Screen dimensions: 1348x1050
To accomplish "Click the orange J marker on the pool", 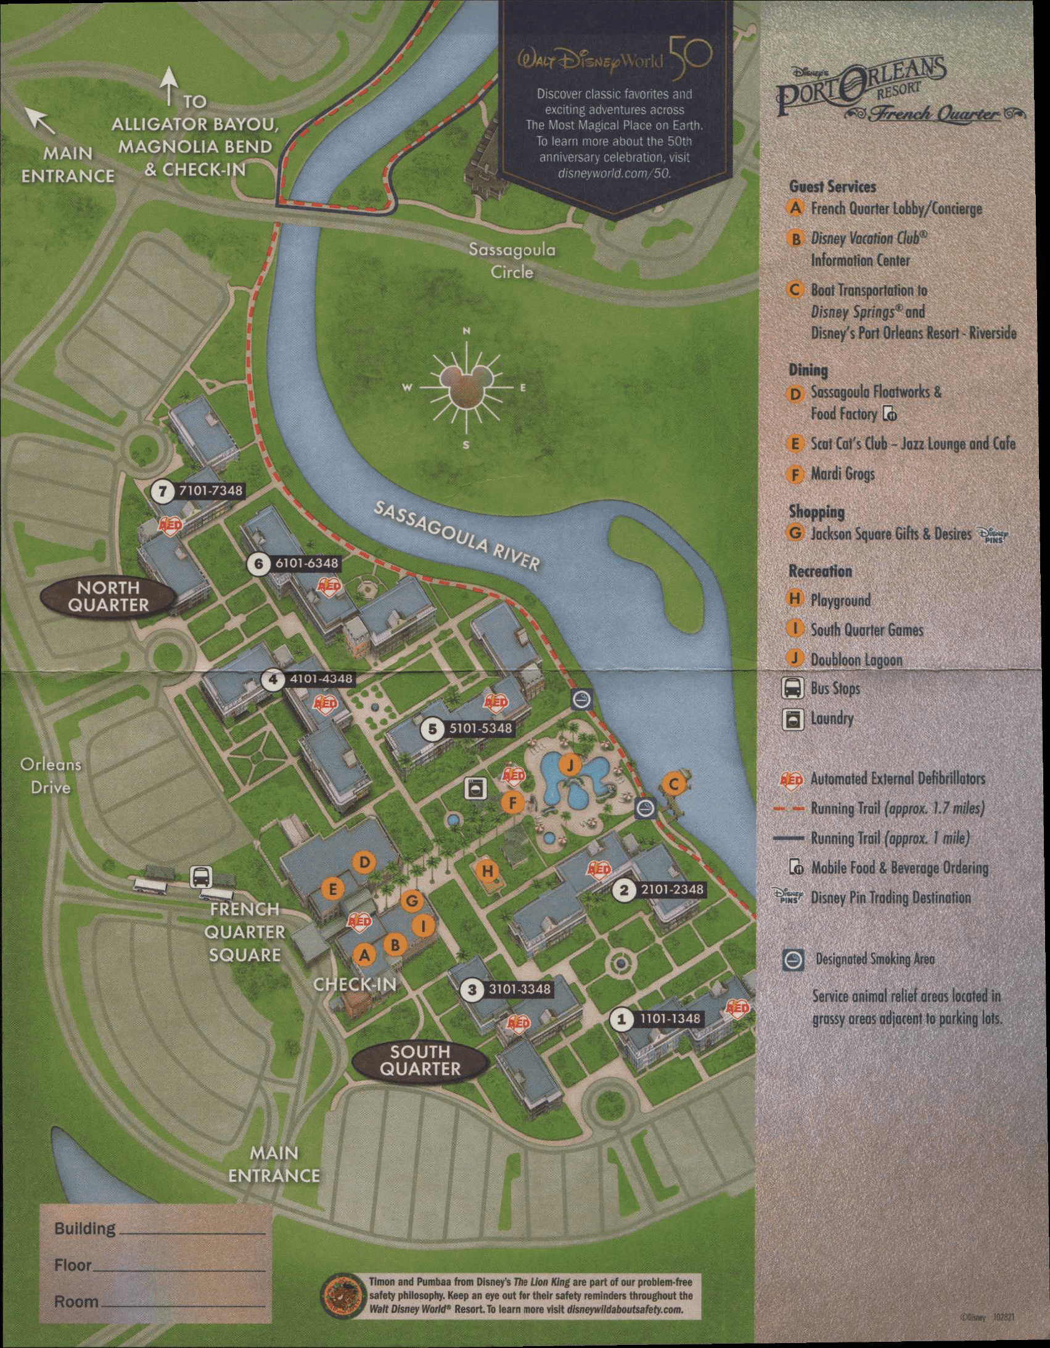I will (x=569, y=766).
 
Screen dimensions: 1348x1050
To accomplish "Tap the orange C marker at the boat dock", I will (x=673, y=784).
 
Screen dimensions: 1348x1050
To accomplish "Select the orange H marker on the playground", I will (x=488, y=871).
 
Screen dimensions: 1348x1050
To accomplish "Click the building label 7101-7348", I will (x=210, y=491).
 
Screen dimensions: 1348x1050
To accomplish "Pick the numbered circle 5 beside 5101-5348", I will (x=432, y=729).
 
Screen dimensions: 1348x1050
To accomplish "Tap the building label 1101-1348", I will (x=670, y=1018).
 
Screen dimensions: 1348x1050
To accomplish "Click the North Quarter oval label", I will (x=108, y=596).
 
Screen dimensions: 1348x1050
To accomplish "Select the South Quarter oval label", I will (x=420, y=1060).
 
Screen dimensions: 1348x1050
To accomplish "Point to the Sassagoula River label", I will (x=457, y=534).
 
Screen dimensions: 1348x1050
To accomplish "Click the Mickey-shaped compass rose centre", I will (x=467, y=388).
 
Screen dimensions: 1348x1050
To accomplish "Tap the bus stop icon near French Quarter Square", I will (x=201, y=876).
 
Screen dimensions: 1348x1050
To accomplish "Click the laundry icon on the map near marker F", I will (x=475, y=788).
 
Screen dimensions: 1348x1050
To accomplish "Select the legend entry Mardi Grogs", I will (x=842, y=474).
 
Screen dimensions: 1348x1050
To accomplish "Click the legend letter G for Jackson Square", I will (x=795, y=533).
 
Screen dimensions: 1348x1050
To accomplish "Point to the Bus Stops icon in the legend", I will (x=793, y=688).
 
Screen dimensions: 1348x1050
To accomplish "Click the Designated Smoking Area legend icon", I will (x=794, y=959).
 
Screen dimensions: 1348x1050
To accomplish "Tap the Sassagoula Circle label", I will (x=512, y=261).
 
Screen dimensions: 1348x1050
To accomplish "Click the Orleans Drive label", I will (x=51, y=776).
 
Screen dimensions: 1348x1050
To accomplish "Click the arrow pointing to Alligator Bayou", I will (x=169, y=86).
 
